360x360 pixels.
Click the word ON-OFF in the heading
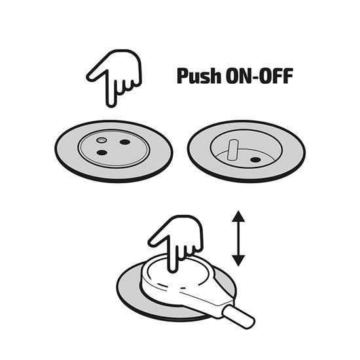pos(259,76)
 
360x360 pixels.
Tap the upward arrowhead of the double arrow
pos(238,216)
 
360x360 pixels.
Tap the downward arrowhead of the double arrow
pos(238,261)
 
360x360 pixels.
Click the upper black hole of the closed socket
pos(125,142)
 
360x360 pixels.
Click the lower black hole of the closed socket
pos(102,153)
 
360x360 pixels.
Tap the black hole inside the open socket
pos(255,160)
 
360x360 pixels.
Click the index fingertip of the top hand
pos(111,104)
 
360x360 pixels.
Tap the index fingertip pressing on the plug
pos(173,269)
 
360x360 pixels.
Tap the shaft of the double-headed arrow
pos(238,238)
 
